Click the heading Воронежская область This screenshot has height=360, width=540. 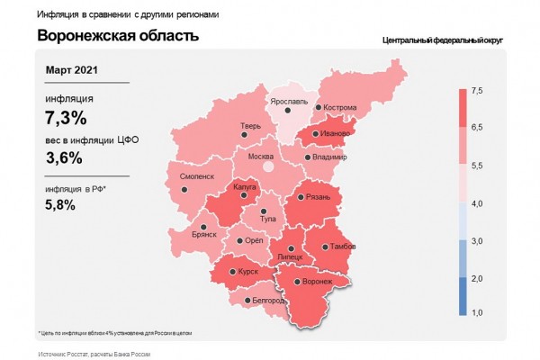tap(118, 36)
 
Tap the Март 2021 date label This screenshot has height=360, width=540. tap(72, 69)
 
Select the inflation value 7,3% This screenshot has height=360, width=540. tap(66, 117)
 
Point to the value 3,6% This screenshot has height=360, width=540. tap(64, 157)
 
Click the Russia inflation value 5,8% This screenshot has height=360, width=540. tap(60, 204)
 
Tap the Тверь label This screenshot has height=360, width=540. tap(251, 126)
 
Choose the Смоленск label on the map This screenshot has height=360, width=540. tap(197, 176)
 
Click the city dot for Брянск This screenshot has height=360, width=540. tap(204, 227)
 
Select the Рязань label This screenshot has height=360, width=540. tap(319, 197)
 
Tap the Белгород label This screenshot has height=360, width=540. tap(267, 300)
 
